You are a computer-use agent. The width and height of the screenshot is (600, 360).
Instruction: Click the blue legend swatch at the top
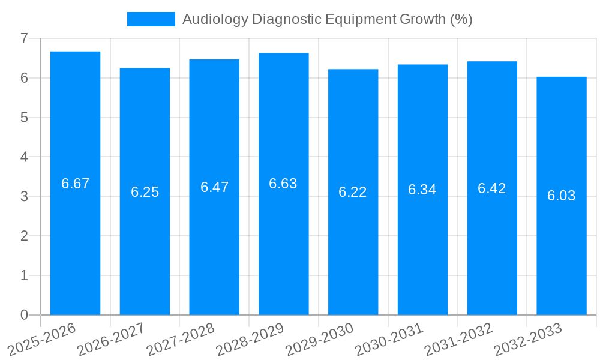point(151,19)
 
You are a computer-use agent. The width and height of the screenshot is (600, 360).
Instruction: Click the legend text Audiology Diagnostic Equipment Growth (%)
point(327,19)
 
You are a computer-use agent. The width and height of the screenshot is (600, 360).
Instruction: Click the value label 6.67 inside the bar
point(75,184)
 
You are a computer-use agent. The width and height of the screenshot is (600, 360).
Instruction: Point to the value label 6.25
point(145,192)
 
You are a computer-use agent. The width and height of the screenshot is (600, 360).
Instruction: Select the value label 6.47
point(214,187)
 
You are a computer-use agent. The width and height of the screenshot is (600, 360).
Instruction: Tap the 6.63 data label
point(283,184)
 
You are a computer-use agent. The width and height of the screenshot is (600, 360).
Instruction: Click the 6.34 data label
point(422,190)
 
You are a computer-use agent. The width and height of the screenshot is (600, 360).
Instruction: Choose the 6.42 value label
point(492,188)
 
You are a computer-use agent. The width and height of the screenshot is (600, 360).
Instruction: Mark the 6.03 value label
point(561,196)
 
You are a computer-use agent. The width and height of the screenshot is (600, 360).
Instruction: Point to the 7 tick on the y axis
point(24,38)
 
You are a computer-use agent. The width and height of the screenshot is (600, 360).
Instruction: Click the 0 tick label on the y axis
point(24,315)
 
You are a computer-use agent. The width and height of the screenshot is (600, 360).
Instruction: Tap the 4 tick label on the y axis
point(24,157)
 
